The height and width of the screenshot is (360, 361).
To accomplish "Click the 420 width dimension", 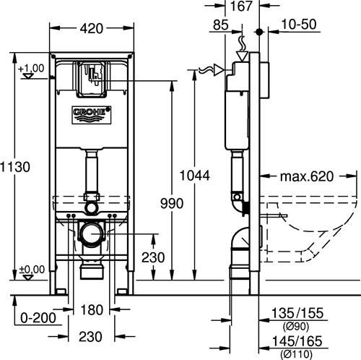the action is click(x=92, y=28).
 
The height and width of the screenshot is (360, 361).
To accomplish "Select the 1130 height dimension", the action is click(x=15, y=167).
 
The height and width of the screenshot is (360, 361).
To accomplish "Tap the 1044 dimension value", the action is click(x=195, y=176).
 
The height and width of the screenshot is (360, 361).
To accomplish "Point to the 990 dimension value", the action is click(x=172, y=203).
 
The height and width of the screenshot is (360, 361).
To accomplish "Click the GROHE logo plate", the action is click(x=92, y=115).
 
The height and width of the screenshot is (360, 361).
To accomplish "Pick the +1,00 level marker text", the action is click(x=31, y=69).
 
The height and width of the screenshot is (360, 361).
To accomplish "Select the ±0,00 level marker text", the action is click(x=32, y=270).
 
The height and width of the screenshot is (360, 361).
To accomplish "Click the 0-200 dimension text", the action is click(x=38, y=318).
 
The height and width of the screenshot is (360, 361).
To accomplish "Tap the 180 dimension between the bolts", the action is click(x=92, y=309).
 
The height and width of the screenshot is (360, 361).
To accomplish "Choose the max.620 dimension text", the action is click(x=307, y=176).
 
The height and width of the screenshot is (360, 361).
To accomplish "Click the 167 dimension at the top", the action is click(x=241, y=6).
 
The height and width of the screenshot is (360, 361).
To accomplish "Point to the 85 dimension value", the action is click(x=221, y=25).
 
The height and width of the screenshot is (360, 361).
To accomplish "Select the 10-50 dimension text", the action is click(x=299, y=25).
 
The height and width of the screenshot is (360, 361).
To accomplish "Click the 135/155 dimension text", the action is click(x=297, y=313).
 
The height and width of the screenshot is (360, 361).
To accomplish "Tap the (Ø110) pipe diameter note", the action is click(x=296, y=354).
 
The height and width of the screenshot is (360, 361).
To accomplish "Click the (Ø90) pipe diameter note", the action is click(x=296, y=327).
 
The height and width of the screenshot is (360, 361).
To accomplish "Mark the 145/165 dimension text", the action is click(x=297, y=341).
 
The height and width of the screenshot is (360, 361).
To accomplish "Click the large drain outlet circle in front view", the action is click(x=92, y=233).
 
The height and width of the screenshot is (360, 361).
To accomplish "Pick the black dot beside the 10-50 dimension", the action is click(x=259, y=32).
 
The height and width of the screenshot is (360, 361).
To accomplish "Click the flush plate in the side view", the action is click(x=264, y=80).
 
